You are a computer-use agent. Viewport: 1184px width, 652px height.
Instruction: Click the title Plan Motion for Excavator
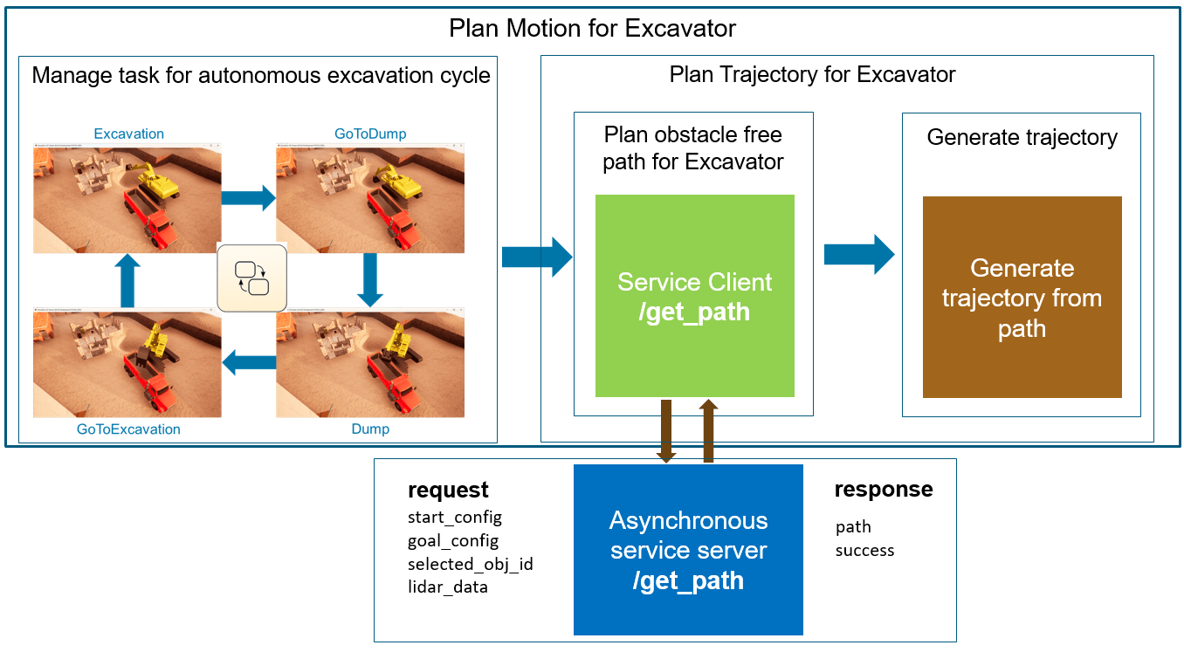pyautogui.click(x=592, y=28)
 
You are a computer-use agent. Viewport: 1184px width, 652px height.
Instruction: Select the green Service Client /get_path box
pyautogui.click(x=694, y=296)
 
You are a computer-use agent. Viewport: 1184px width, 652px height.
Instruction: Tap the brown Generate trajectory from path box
pyautogui.click(x=1022, y=297)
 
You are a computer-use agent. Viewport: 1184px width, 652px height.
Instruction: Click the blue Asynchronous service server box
pyautogui.click(x=688, y=550)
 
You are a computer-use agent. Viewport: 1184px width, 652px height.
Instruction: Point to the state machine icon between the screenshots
pyautogui.click(x=252, y=277)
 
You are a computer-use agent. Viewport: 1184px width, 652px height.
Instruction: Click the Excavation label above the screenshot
pyautogui.click(x=128, y=134)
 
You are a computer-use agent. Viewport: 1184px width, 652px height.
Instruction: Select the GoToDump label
pyautogui.click(x=370, y=134)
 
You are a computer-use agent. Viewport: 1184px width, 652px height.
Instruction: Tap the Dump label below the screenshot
pyautogui.click(x=370, y=429)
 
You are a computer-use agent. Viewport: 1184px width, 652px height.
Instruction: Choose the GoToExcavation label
pyautogui.click(x=128, y=429)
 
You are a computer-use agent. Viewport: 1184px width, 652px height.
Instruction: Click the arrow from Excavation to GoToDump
pyautogui.click(x=249, y=197)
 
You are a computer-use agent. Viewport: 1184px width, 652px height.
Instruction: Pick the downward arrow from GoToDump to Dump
pyautogui.click(x=370, y=279)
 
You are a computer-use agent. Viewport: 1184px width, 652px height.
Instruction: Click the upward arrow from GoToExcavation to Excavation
pyautogui.click(x=127, y=280)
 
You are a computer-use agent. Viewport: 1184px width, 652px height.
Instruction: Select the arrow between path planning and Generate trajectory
pyautogui.click(x=859, y=254)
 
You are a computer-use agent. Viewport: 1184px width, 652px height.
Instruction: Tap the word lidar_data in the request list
pyautogui.click(x=447, y=587)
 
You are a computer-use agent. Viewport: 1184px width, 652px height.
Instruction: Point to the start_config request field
pyautogui.click(x=454, y=518)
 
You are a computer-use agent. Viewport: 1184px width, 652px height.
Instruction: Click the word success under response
pyautogui.click(x=864, y=551)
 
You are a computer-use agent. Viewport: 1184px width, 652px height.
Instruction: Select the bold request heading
pyautogui.click(x=448, y=491)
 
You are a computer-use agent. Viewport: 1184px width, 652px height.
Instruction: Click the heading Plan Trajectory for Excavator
pyautogui.click(x=812, y=74)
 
